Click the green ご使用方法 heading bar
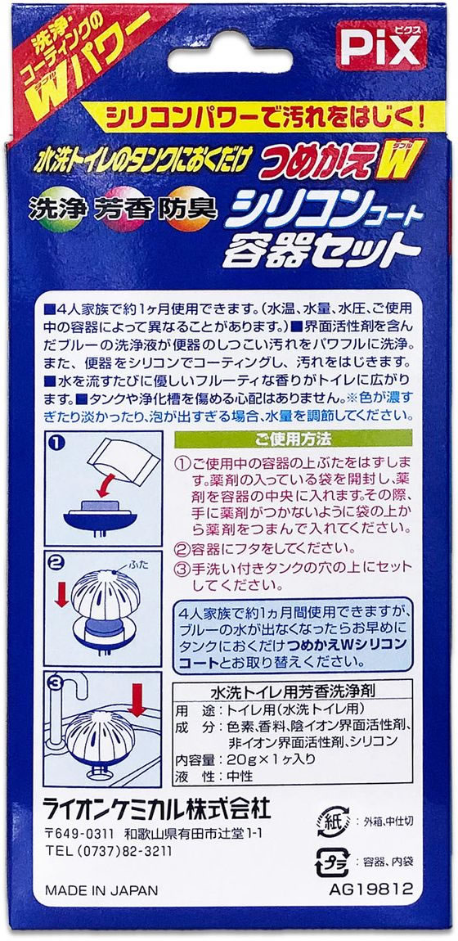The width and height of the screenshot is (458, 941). click(x=293, y=438)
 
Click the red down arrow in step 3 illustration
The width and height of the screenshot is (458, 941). click(x=137, y=700)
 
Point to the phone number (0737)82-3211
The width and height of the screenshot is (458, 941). click(x=124, y=851)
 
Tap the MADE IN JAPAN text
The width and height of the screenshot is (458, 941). click(x=101, y=890)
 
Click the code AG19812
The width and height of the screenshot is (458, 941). click(x=371, y=889)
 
